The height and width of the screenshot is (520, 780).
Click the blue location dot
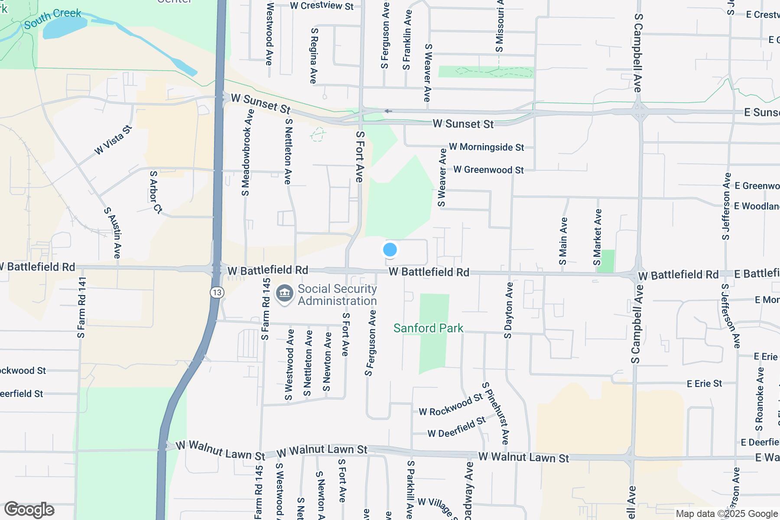(390, 250)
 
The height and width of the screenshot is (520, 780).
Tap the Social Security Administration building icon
(284, 294)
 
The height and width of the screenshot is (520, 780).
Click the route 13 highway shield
(217, 292)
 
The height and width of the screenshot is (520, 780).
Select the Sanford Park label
(428, 328)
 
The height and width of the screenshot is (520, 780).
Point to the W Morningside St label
(486, 147)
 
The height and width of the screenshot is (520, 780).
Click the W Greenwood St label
(488, 170)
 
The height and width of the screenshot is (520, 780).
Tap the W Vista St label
(113, 140)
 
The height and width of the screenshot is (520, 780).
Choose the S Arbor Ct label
(155, 192)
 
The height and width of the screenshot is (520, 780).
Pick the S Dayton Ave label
(508, 310)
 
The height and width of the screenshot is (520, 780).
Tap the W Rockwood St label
(451, 404)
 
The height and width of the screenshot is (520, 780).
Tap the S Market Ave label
(598, 237)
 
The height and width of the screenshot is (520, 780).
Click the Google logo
(29, 510)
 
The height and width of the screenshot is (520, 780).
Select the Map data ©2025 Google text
(727, 514)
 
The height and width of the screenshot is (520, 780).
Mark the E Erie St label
(704, 383)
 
